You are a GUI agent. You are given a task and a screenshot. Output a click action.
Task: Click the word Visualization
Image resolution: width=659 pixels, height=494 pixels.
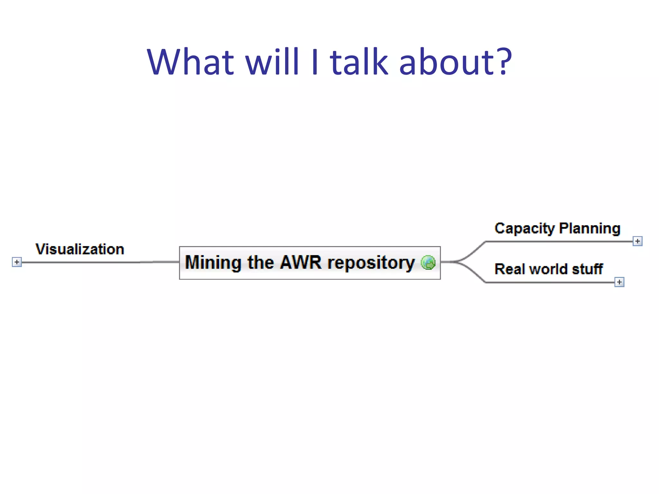[x=80, y=249]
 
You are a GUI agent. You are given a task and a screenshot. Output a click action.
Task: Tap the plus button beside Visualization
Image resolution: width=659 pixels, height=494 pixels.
[x=17, y=262]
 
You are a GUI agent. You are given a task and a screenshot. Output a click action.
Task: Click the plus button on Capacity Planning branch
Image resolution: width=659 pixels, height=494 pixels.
[x=637, y=241]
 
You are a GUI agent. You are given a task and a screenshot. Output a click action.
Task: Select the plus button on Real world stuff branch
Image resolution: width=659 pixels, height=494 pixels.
[x=619, y=282]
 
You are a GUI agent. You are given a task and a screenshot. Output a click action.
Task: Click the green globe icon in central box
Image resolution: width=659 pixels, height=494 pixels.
[x=428, y=262]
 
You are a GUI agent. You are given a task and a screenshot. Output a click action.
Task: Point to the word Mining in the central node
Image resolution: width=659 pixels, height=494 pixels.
[x=213, y=262]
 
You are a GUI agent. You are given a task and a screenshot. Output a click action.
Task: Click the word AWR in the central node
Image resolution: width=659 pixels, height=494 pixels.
[x=301, y=262]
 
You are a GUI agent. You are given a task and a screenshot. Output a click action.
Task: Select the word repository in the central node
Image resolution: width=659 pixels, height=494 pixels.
[x=371, y=263]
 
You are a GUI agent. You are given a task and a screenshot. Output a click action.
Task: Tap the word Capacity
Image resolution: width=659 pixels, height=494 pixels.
[x=525, y=229]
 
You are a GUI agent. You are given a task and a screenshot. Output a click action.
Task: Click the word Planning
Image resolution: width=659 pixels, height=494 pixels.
[x=590, y=229]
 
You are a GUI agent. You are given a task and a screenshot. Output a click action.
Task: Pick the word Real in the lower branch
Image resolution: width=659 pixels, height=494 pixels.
[x=509, y=269]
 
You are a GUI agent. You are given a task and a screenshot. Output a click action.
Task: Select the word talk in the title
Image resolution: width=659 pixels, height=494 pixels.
[x=359, y=62]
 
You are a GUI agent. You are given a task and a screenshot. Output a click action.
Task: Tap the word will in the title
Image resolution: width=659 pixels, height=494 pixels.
[x=273, y=62]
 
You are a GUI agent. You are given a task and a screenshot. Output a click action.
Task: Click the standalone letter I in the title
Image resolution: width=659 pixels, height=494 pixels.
[x=315, y=62]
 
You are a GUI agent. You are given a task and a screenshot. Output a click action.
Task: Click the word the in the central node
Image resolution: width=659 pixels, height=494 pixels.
[x=260, y=262]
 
